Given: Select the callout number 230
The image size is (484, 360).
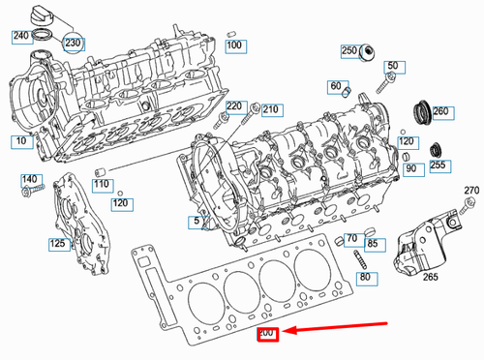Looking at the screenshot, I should tap(74, 44).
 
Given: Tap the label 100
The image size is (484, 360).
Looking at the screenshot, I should tap(233, 45).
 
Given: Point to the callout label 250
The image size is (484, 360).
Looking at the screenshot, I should tap(349, 50).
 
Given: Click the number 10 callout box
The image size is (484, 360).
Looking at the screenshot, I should tap(20, 142).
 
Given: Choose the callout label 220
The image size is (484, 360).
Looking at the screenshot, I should tap(234, 105).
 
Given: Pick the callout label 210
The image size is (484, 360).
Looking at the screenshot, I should tap(270, 109).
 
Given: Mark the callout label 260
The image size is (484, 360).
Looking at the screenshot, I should tap(441, 112).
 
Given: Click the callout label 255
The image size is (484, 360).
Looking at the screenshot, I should tap(438, 165).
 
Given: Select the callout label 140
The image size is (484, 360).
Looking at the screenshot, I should tap(31, 180).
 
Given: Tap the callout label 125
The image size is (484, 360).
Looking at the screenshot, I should tap(58, 244).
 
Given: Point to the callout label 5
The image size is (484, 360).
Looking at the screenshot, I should tap(197, 222).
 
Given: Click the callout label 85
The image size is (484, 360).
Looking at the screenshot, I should tap(373, 243).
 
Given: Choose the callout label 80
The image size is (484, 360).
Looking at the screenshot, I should tap(364, 278).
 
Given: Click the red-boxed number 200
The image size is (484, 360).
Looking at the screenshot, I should tap(266, 335).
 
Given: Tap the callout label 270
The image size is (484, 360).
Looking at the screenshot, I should tap(471, 190).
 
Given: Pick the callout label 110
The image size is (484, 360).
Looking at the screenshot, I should tap(102, 185).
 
